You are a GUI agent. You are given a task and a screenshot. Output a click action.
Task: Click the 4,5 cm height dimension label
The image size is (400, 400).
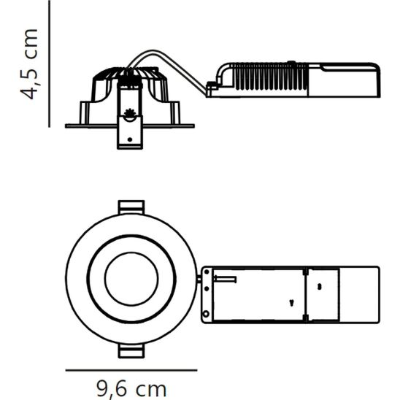point(29,64)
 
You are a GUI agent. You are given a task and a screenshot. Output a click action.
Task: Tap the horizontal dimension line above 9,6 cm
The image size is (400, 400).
point(131,370)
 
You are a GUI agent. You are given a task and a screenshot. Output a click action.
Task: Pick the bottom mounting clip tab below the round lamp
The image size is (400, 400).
point(130,351)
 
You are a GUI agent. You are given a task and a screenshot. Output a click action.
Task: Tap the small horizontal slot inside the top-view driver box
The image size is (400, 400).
point(228,279)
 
